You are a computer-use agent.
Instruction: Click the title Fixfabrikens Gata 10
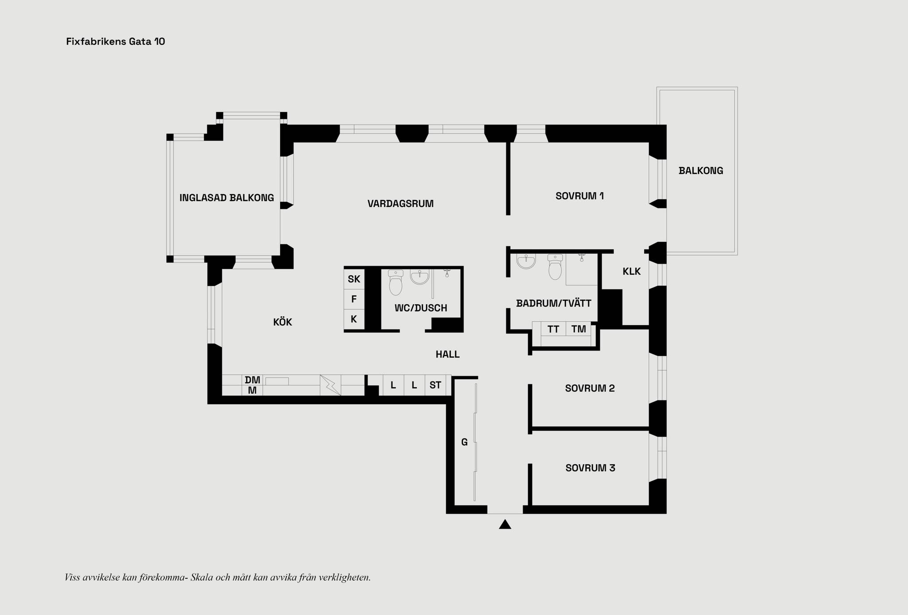pyautogui.click(x=116, y=42)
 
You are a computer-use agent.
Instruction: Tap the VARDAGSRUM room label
pyautogui.click(x=400, y=204)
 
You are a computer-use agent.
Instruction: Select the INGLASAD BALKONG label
pyautogui.click(x=227, y=198)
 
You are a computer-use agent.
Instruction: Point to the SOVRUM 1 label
pyautogui.click(x=579, y=196)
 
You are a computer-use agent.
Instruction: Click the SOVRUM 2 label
pyautogui.click(x=590, y=389)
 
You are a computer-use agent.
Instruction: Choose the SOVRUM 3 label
pyautogui.click(x=590, y=468)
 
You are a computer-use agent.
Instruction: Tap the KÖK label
pyautogui.click(x=282, y=322)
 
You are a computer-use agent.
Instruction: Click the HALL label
pyautogui.click(x=447, y=354)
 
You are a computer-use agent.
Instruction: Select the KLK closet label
pyautogui.click(x=631, y=272)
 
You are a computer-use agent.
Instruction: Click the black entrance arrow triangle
pyautogui.click(x=505, y=525)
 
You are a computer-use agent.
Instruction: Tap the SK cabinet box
pyautogui.click(x=354, y=279)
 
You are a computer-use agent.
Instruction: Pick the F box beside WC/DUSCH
pyautogui.click(x=354, y=300)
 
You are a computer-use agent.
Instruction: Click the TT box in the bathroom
pyautogui.click(x=553, y=329)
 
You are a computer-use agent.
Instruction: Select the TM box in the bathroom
pyautogui.click(x=578, y=329)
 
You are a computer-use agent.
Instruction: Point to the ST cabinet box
pyautogui.click(x=435, y=385)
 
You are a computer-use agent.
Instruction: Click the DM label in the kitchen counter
pyautogui.click(x=252, y=380)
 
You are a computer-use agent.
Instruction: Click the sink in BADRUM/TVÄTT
pyautogui.click(x=526, y=261)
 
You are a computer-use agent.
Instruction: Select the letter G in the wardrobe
pyautogui.click(x=464, y=442)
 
